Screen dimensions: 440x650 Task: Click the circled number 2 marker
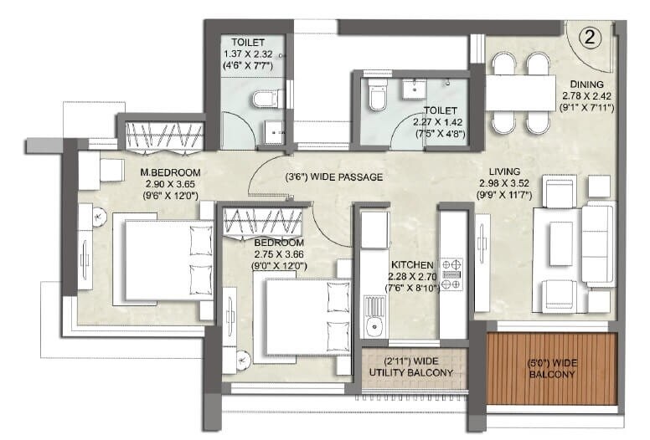pyautogui.click(x=590, y=37)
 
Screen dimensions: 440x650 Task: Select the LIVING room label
pyautogui.click(x=504, y=171)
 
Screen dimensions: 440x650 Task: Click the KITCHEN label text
pyautogui.click(x=410, y=263)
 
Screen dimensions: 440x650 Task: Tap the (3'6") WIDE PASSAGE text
pyautogui.click(x=333, y=177)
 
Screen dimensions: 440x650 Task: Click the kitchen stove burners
pyautogui.click(x=451, y=272)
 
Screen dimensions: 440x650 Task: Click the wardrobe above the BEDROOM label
pyautogui.click(x=262, y=222)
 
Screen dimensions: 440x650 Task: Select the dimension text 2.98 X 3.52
pyautogui.click(x=504, y=183)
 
